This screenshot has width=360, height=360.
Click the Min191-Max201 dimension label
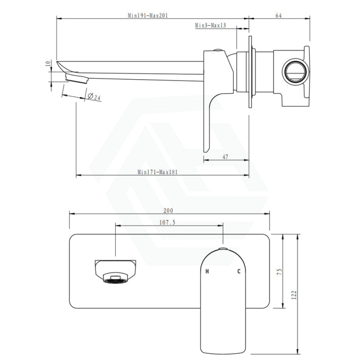(x=148, y=16)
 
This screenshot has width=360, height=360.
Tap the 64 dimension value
(x=278, y=16)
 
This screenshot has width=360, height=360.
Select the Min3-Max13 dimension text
(x=210, y=25)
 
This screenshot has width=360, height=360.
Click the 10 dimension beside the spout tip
(x=48, y=63)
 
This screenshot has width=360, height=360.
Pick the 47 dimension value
(x=225, y=157)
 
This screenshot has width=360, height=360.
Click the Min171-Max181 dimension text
(x=158, y=172)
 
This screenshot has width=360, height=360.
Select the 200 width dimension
(x=168, y=210)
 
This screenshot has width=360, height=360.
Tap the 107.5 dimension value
(x=167, y=222)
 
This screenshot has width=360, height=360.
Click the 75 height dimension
(x=280, y=272)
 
